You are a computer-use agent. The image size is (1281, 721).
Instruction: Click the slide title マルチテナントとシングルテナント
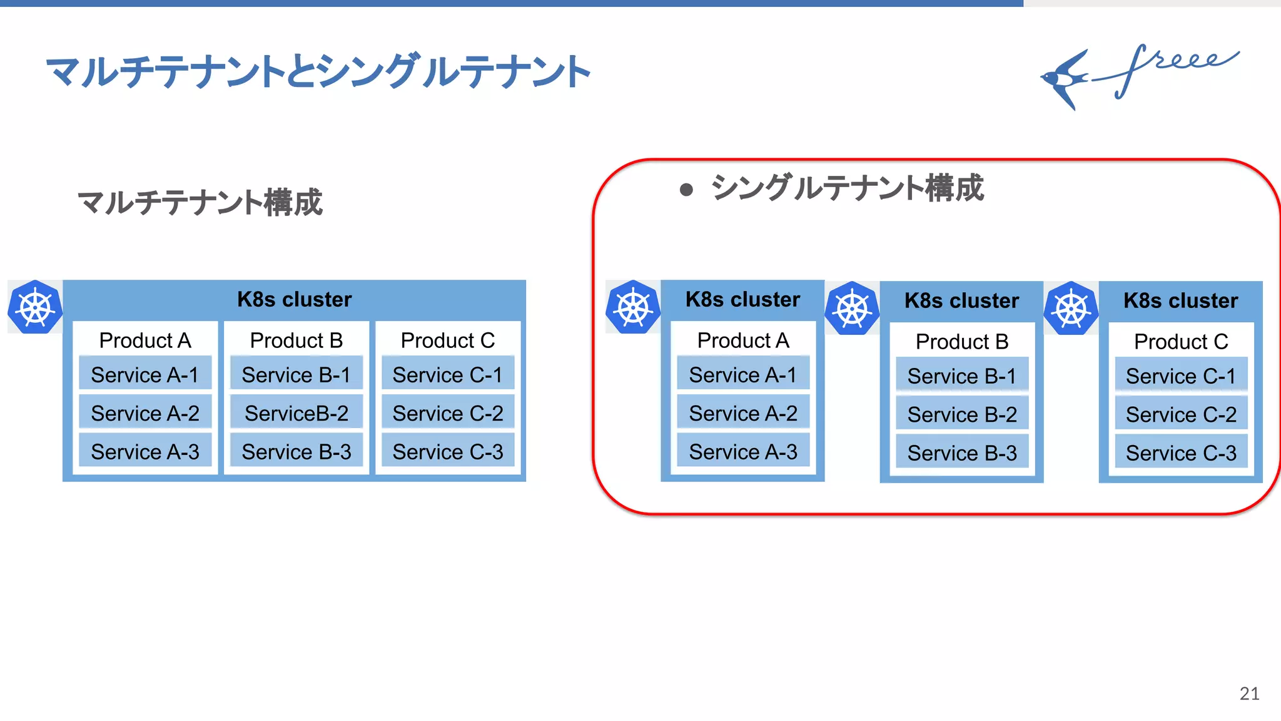click(318, 71)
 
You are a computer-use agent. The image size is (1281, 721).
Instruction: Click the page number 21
click(1249, 693)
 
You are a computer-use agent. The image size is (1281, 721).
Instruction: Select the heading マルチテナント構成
click(200, 202)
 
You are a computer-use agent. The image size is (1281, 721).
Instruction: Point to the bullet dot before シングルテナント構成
click(686, 190)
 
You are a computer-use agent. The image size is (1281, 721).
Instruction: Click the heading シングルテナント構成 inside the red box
click(847, 188)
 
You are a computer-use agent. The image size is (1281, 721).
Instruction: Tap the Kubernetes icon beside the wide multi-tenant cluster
click(35, 307)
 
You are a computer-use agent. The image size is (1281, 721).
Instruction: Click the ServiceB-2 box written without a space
click(296, 413)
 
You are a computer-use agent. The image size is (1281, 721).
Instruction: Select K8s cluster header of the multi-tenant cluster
click(294, 299)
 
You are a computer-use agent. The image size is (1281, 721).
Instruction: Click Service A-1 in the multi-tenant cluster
click(144, 374)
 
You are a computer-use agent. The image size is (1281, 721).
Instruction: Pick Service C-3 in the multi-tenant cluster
click(447, 451)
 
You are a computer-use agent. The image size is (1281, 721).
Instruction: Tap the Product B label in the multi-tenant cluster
click(296, 340)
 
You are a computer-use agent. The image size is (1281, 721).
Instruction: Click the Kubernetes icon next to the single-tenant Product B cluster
click(852, 309)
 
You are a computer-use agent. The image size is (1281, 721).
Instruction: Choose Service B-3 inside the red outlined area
click(962, 453)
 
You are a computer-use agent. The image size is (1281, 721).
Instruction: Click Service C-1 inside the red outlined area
click(1180, 376)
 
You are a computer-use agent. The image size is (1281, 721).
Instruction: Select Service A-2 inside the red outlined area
click(742, 413)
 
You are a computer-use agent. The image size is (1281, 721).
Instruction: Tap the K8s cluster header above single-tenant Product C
click(1180, 300)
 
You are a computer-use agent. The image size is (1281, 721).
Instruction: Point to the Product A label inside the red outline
click(742, 340)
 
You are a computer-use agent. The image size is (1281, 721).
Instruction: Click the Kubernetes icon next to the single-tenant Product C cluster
click(1071, 309)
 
